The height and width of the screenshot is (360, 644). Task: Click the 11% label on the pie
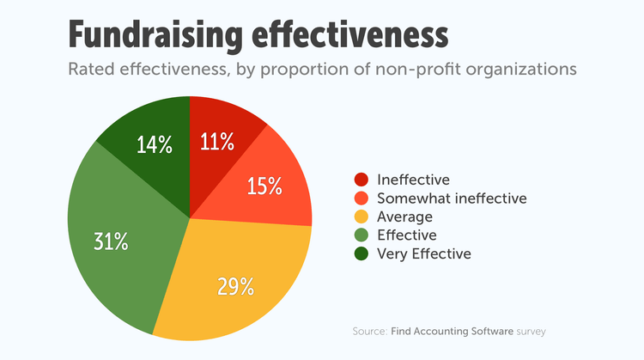tap(218, 142)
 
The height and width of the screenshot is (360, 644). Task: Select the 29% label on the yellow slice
tap(236, 285)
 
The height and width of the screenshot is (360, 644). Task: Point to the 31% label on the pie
tap(111, 241)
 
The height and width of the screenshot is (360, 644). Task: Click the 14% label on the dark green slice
tap(155, 144)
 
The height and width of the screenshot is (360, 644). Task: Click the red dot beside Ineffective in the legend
tap(361, 180)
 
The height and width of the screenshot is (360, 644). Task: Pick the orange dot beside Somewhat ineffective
tap(361, 198)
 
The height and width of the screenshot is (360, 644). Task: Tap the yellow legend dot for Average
tap(361, 217)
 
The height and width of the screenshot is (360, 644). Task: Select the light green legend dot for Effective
tap(361, 235)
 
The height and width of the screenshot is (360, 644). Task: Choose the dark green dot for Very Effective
tap(361, 253)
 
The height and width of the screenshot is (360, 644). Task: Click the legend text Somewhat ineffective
tap(440, 198)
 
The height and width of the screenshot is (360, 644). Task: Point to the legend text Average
tap(405, 217)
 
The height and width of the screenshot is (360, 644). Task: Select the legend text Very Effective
tap(424, 253)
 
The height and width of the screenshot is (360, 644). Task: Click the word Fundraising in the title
tap(169, 35)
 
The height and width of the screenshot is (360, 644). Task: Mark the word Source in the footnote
tap(369, 331)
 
